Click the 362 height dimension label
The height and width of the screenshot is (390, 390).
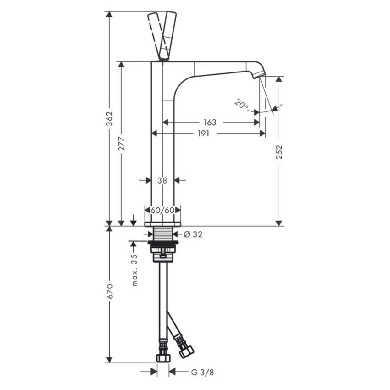[110, 120]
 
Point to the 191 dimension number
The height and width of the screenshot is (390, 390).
[203, 134]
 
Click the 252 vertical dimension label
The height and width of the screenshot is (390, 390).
[279, 152]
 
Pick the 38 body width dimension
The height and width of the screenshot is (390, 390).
[162, 180]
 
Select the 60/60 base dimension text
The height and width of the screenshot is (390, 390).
[162, 210]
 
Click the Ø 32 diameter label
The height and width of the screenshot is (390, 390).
[193, 234]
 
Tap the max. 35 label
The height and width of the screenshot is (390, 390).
[135, 270]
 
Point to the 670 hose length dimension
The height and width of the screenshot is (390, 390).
[110, 291]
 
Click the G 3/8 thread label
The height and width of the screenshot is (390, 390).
[202, 372]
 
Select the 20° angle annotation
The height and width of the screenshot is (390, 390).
[241, 104]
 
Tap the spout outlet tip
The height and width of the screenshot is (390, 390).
[259, 74]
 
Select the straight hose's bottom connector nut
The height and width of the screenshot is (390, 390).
[163, 357]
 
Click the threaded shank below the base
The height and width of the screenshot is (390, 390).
[162, 233]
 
